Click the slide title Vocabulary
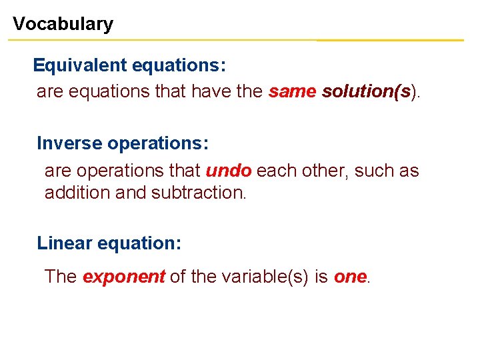[63, 24]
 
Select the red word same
[293, 91]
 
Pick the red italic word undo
[229, 171]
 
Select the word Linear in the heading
[65, 243]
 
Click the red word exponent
[123, 277]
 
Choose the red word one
[350, 277]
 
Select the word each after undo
[276, 171]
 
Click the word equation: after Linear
[139, 243]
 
